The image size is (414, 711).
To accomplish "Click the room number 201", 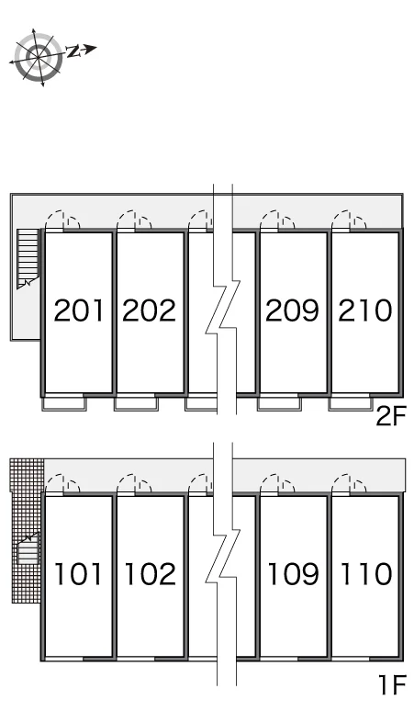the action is tap(78, 310).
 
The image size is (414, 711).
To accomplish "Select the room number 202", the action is tap(149, 310).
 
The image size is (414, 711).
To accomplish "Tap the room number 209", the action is tap(292, 310).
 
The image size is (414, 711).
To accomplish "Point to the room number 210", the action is tap(364, 310).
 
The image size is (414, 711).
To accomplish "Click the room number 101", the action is tap(77, 573).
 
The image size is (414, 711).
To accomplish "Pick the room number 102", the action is tap(150, 573).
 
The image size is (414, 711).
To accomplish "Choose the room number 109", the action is tap(293, 573).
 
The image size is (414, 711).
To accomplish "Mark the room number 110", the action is tap(366, 573).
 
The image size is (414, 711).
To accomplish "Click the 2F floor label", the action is tap(391, 417).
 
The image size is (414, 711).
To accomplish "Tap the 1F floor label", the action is tap(392, 685).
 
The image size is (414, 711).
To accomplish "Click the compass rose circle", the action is tap(38, 57).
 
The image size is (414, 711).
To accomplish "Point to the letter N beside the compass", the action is tap(73, 51).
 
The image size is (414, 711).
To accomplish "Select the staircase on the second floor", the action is tap(28, 258).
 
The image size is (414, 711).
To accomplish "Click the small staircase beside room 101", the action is tap(28, 549).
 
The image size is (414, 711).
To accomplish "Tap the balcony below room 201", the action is tap(64, 402).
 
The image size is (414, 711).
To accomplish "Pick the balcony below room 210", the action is tap(350, 402).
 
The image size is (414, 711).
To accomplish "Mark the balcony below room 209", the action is tap(279, 402).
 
